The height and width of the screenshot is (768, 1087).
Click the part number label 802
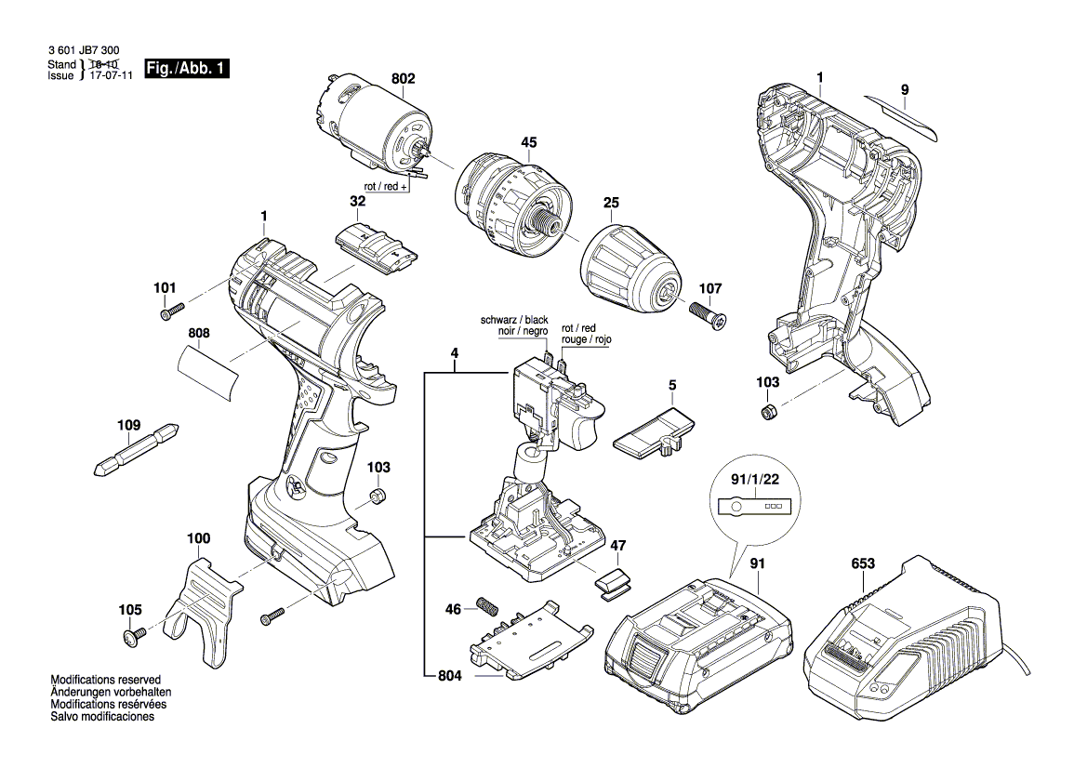coord(403,80)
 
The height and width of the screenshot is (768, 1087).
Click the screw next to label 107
coord(709,313)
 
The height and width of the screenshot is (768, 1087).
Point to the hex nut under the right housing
coord(768,412)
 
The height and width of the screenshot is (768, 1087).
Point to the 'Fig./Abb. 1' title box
coord(187,70)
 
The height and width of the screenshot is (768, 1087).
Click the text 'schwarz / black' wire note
coord(514,320)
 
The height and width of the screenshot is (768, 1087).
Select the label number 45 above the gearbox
coord(528,143)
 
